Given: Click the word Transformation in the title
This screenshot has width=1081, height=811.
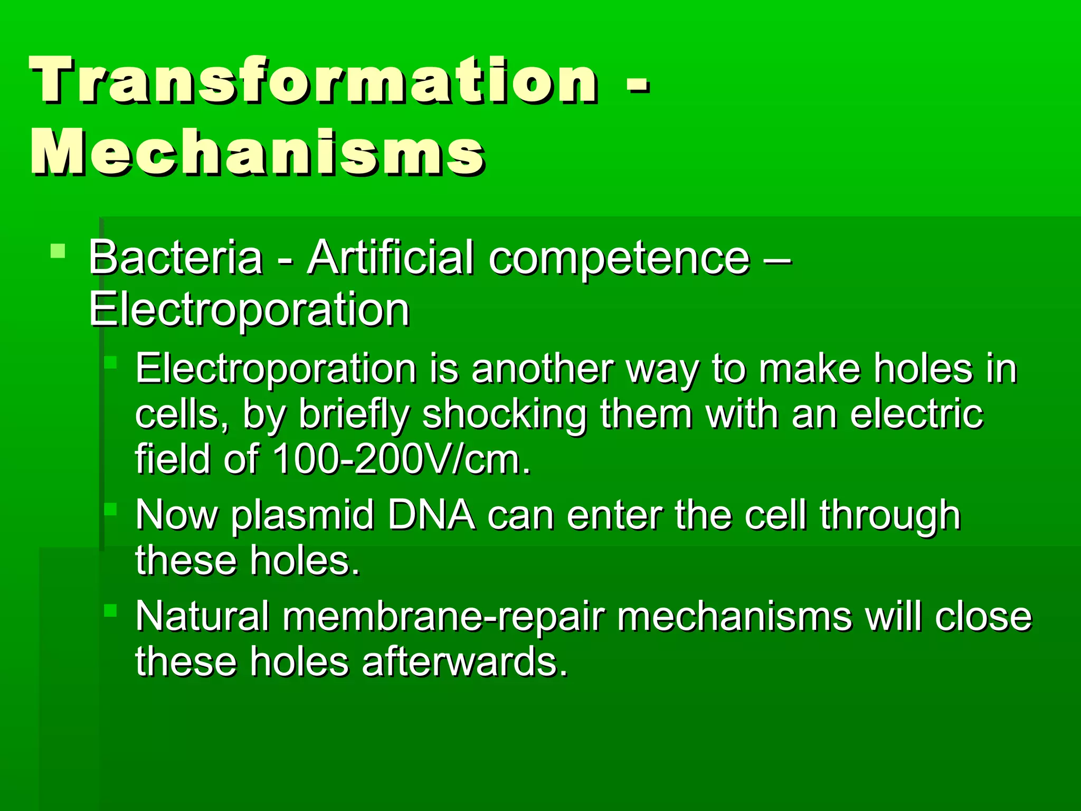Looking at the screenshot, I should tap(314, 80).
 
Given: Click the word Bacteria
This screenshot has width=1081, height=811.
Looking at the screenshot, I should tap(175, 258).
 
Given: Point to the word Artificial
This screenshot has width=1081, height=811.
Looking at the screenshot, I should tap(390, 258).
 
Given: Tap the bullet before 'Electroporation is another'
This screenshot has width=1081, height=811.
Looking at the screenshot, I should tap(110, 362).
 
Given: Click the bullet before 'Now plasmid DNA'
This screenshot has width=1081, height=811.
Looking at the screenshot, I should tap(110, 509).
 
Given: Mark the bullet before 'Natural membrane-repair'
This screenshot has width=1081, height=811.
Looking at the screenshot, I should tap(110, 611).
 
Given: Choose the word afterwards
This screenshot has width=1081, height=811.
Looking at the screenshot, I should tap(465, 662).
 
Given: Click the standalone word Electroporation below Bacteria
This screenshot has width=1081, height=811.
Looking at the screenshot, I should tap(249, 310).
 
